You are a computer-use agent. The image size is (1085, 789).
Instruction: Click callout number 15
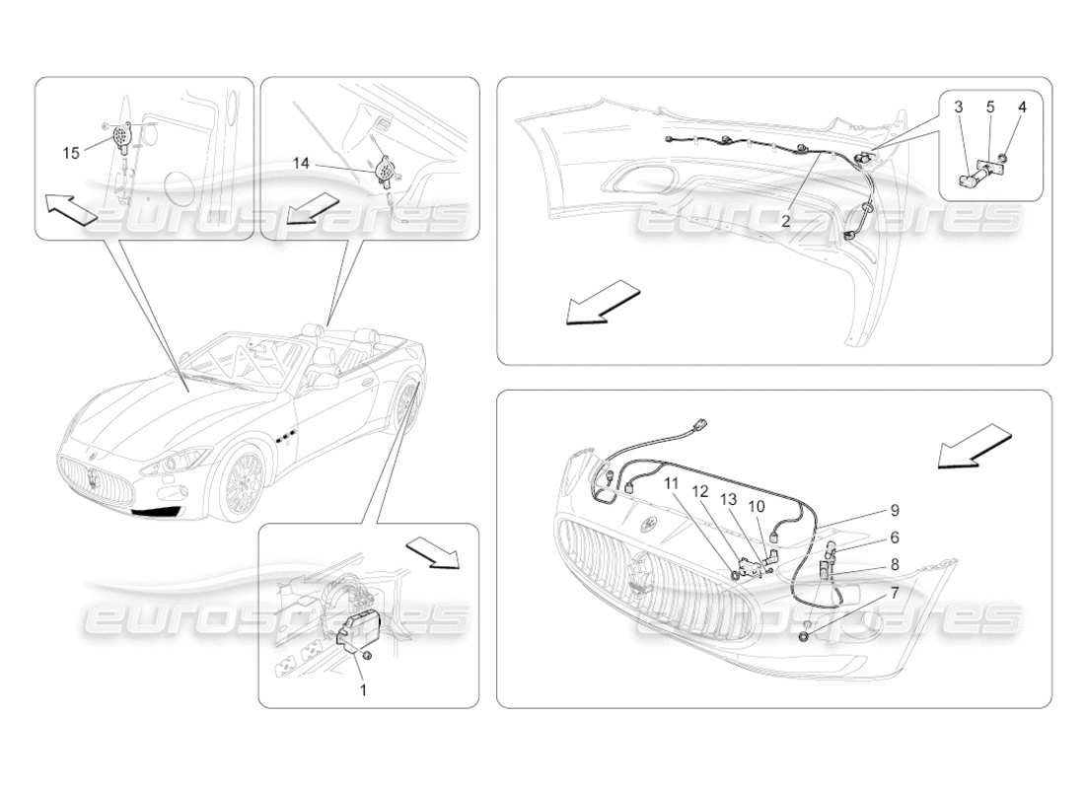click(x=71, y=152)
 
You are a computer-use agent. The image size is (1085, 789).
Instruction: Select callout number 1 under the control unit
click(x=362, y=690)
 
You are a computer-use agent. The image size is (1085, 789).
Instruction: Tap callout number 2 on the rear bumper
click(x=786, y=221)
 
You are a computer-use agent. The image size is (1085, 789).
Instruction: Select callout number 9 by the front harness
click(x=894, y=511)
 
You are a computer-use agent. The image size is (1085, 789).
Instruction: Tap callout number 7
click(x=894, y=594)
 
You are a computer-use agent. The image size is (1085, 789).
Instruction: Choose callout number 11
click(x=672, y=484)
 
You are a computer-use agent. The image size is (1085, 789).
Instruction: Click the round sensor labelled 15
click(x=123, y=137)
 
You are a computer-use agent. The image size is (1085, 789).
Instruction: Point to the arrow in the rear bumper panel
click(x=602, y=301)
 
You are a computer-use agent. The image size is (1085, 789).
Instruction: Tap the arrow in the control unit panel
click(x=434, y=551)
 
